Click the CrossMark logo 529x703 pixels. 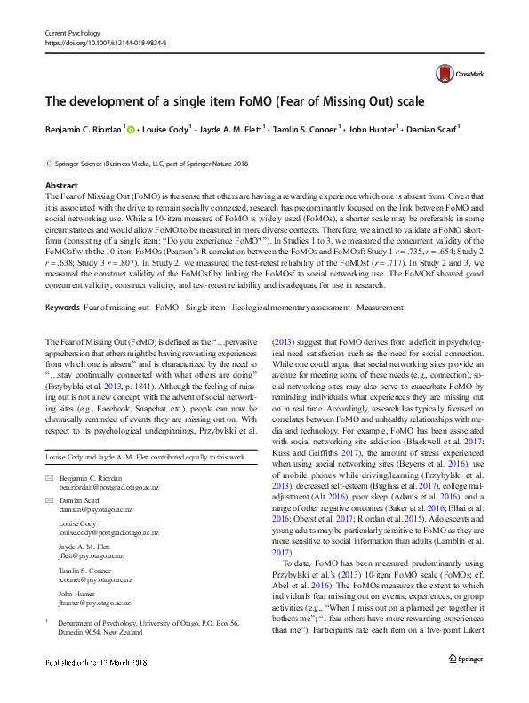click(x=454, y=74)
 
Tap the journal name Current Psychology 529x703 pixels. click(x=74, y=32)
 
